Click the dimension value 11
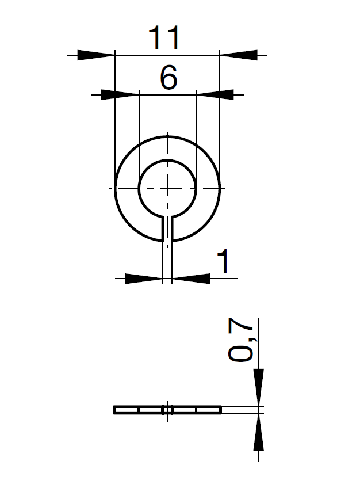(164, 39)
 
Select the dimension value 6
(168, 78)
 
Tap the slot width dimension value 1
(223, 262)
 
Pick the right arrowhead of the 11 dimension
(238, 55)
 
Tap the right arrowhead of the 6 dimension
(215, 94)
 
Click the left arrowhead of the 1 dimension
(143, 279)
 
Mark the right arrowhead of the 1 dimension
(191, 279)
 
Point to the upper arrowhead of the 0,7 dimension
(259, 387)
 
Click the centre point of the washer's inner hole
(167, 188)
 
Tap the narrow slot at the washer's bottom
(167, 229)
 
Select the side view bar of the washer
(138, 410)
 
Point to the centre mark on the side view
(167, 410)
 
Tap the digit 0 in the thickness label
(240, 353)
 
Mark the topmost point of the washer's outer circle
(167, 136)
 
